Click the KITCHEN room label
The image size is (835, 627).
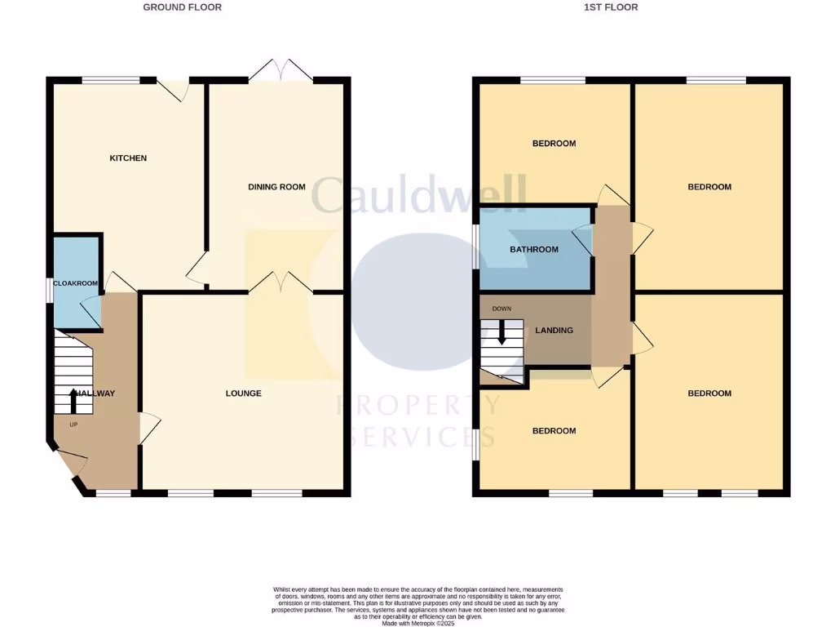click(x=128, y=158)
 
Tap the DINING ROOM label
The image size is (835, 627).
click(x=276, y=187)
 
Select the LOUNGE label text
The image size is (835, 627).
click(x=243, y=394)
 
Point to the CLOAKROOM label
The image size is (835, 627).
click(x=76, y=283)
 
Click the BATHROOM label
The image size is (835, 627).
click(x=534, y=249)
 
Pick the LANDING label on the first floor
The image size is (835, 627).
click(x=554, y=331)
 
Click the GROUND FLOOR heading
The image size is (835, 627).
click(x=182, y=7)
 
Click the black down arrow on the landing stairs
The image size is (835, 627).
click(x=501, y=330)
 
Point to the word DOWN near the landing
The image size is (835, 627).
click(x=501, y=309)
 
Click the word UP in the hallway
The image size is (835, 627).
click(x=73, y=424)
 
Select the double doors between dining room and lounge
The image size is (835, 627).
click(x=281, y=283)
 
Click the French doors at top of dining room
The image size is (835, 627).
click(x=281, y=71)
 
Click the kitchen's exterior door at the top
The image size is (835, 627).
click(x=174, y=88)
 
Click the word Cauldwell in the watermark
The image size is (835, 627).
click(x=419, y=196)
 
